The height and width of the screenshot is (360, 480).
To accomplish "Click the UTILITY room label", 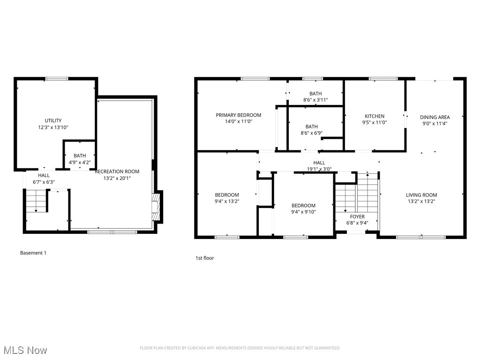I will click(53, 120).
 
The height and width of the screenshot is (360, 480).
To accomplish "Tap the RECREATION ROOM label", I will click(117, 172).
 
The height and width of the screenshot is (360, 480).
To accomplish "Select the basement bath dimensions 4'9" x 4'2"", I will click(80, 162).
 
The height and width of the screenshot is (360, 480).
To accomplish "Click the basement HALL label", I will click(44, 175).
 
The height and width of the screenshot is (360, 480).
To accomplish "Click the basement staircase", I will click(36, 201).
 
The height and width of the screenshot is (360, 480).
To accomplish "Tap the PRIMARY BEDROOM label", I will click(239, 115).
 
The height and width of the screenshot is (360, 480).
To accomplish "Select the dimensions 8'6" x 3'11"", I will click(315, 100).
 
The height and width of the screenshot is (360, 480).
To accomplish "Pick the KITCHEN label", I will click(375, 116).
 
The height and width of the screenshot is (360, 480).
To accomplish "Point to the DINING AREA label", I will click(435, 117).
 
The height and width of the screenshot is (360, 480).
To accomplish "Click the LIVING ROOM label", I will click(421, 195).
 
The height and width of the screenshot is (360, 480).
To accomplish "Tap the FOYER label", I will click(357, 217).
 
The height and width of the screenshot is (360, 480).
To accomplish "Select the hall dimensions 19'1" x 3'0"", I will click(319, 169).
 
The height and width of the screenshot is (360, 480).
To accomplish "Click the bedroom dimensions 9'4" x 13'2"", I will click(227, 202).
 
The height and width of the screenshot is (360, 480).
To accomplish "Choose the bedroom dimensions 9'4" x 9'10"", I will click(303, 212).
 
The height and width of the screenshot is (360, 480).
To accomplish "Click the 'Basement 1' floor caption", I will click(33, 253).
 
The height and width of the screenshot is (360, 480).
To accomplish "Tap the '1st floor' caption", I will click(204, 258).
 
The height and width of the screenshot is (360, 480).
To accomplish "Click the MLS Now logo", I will click(25, 350).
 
